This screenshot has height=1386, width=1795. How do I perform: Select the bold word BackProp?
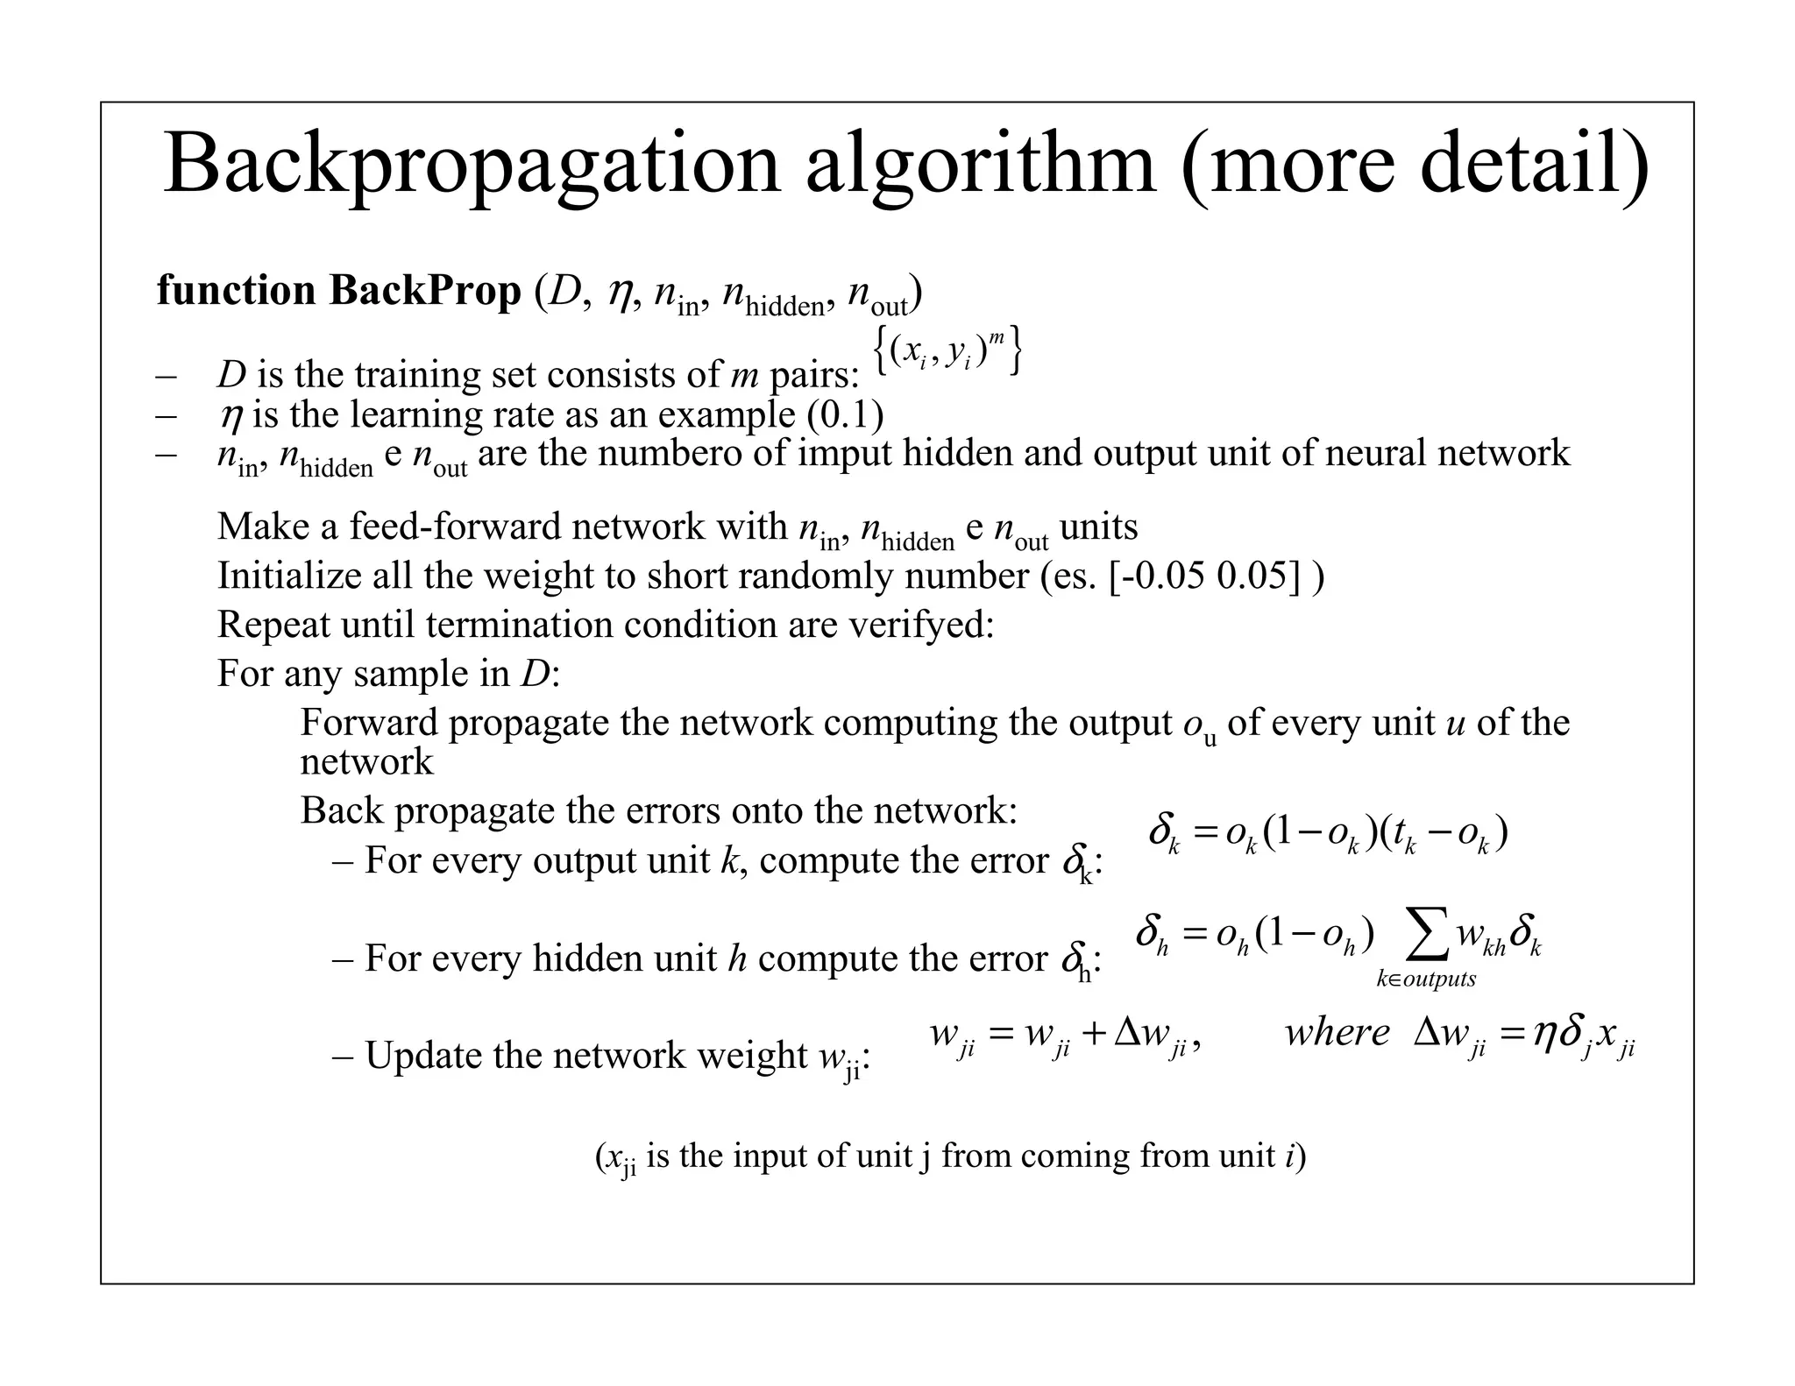pyautogui.click(x=425, y=291)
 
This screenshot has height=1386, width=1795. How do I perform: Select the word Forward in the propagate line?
pyautogui.click(x=369, y=723)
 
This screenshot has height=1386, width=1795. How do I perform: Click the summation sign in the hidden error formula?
pyautogui.click(x=1425, y=937)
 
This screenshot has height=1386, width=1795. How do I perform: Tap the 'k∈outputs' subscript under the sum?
pyautogui.click(x=1426, y=979)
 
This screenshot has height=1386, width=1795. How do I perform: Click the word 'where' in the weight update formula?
pyautogui.click(x=1337, y=1033)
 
